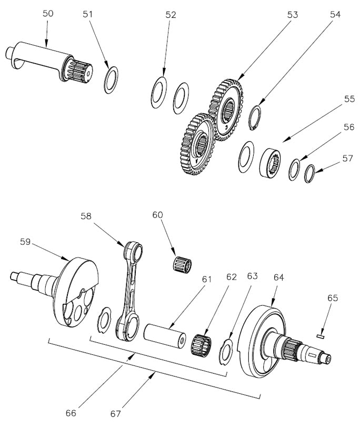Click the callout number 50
[x=47, y=14]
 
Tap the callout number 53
[x=292, y=15]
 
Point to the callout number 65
[x=333, y=298]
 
